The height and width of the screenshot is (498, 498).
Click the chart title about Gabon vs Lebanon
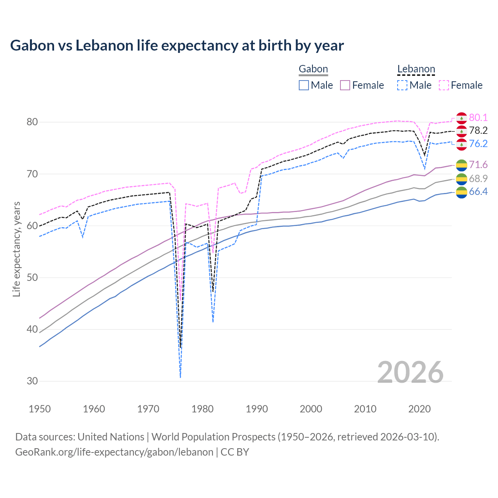click(x=177, y=46)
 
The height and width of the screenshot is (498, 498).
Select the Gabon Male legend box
click(x=304, y=85)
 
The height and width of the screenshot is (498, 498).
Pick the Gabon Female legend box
click(x=345, y=85)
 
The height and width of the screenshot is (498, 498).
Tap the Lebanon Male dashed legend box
click(x=402, y=85)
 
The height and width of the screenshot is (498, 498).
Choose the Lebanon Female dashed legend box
click(x=444, y=85)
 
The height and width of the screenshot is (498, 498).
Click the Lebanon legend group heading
click(x=416, y=69)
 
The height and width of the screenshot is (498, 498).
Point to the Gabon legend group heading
click(x=313, y=69)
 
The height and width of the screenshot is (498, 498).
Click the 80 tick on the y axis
click(x=32, y=122)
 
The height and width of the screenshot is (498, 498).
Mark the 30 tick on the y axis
click(x=32, y=381)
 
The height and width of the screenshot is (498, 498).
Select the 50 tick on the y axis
click(x=32, y=278)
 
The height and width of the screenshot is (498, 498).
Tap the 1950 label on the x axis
click(x=40, y=409)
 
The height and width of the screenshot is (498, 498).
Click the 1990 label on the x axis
click(x=257, y=409)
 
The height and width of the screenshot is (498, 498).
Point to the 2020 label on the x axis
click(x=419, y=409)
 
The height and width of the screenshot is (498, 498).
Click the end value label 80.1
click(x=478, y=118)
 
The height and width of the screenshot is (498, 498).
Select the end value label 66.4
click(x=478, y=192)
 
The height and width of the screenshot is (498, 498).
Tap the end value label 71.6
click(x=478, y=165)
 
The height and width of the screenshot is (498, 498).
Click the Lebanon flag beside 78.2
click(x=461, y=131)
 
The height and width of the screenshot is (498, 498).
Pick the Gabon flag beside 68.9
click(x=461, y=179)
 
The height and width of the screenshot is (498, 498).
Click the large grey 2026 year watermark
click(x=410, y=372)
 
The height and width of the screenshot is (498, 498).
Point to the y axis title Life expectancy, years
click(x=17, y=249)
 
